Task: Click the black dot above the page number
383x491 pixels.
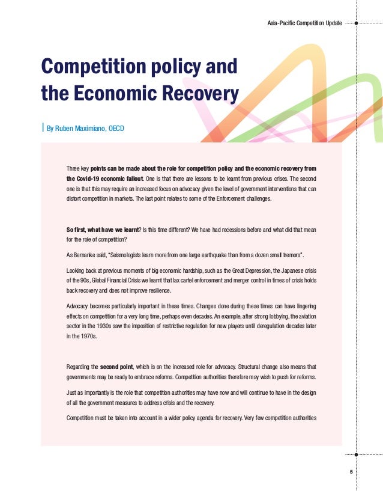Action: pyautogui.click(x=357, y=455)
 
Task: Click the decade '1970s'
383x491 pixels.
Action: pyautogui.click(x=87, y=337)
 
